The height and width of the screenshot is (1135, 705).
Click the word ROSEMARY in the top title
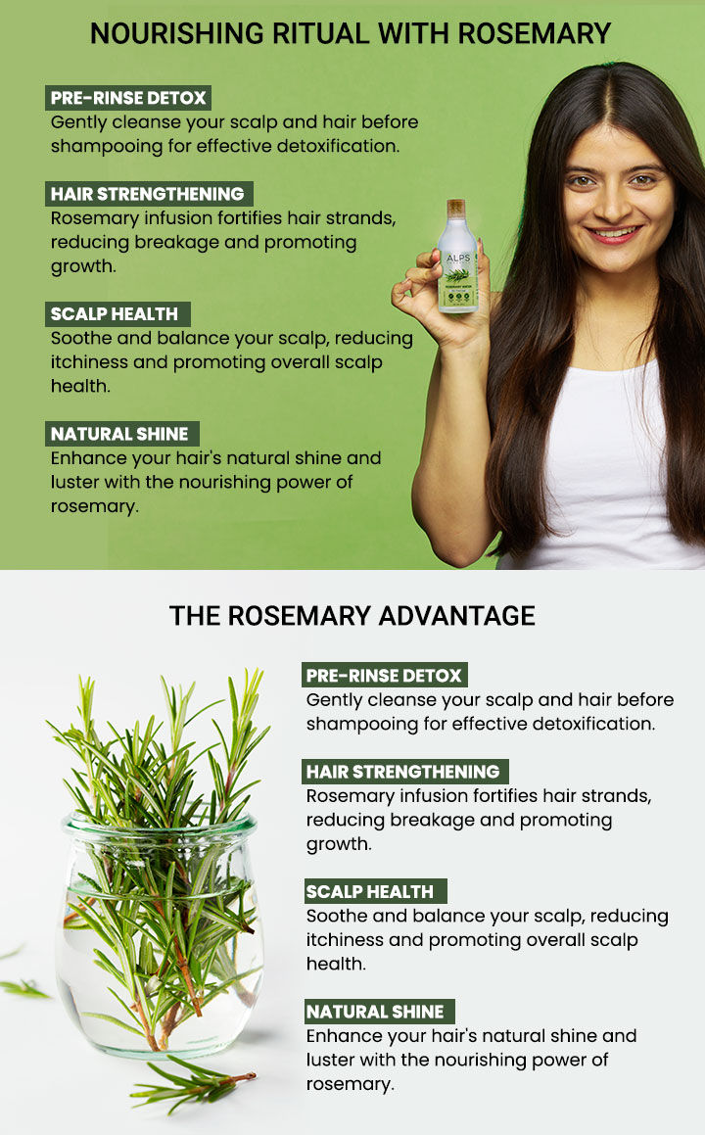(534, 33)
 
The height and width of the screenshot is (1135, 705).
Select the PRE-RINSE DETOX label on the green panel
(128, 98)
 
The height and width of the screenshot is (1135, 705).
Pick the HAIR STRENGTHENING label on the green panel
(148, 193)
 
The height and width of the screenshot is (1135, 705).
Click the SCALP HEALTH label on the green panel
(116, 314)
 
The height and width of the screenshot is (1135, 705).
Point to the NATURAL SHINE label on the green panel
(121, 434)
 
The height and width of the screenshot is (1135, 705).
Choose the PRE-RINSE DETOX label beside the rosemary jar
(384, 676)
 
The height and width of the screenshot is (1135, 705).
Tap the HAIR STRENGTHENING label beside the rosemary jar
(403, 771)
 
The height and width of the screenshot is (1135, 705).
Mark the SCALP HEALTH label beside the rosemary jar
(371, 891)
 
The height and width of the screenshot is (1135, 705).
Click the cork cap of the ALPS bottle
(456, 209)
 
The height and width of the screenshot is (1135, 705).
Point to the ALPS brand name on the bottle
(456, 250)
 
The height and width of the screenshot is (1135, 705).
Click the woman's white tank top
(607, 470)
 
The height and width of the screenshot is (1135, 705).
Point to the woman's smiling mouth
(614, 233)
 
